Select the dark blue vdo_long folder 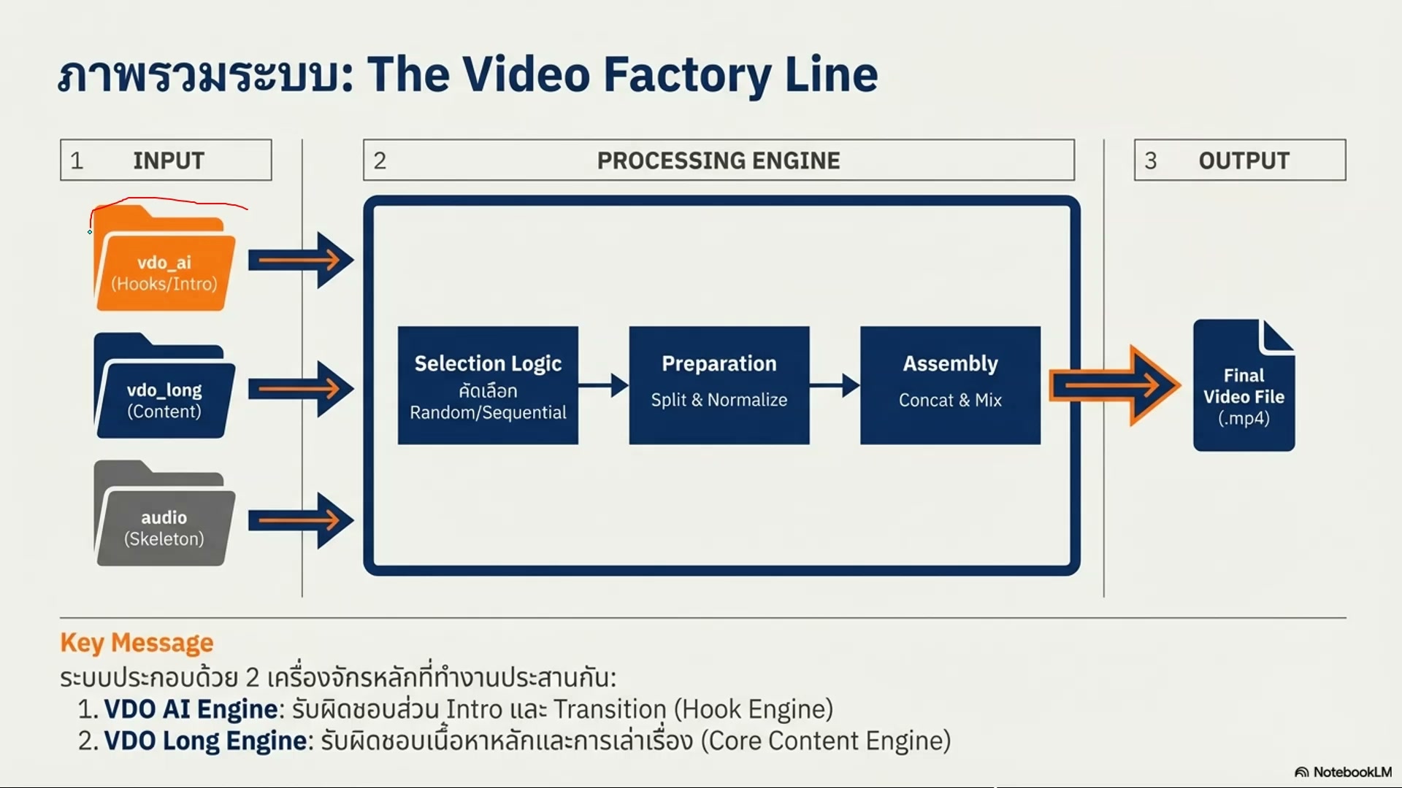click(164, 390)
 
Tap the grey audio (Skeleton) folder click(164, 518)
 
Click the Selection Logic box click(488, 385)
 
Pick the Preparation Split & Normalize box click(719, 385)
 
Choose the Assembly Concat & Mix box click(950, 385)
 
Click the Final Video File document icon click(1244, 387)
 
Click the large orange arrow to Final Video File click(1114, 385)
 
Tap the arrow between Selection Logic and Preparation click(604, 385)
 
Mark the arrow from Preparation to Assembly click(835, 385)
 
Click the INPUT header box click(166, 160)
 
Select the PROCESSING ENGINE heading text click(719, 161)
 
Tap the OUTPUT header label click(1244, 161)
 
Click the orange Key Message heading click(137, 643)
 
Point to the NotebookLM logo click(1343, 772)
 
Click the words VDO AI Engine click(191, 709)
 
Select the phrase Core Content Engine click(825, 741)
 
